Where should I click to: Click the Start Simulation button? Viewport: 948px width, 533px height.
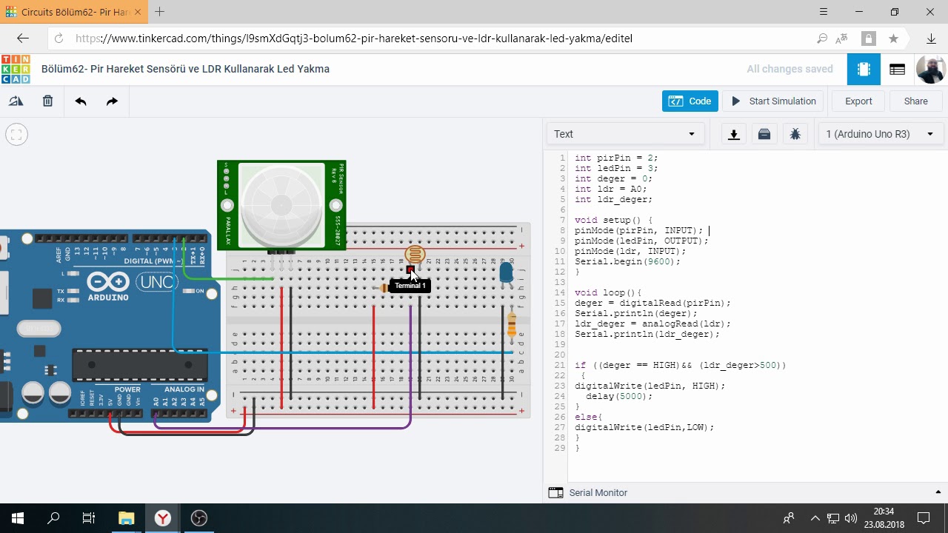coord(773,101)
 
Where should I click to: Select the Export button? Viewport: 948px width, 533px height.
coord(858,101)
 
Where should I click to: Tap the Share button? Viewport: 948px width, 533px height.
coord(915,101)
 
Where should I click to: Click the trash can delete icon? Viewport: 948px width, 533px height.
coord(47,101)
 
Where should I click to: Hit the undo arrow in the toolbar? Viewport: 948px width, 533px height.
coord(81,101)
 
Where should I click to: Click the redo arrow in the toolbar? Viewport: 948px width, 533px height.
coord(112,101)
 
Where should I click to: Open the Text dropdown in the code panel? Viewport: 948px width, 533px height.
coord(625,134)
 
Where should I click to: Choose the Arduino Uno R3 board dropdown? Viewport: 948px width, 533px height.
coord(879,134)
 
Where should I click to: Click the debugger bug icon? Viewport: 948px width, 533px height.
coord(795,134)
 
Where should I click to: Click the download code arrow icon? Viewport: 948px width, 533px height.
coord(734,134)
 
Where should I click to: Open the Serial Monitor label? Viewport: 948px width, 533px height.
coord(598,493)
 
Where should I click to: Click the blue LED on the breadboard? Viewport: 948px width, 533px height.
coord(506,273)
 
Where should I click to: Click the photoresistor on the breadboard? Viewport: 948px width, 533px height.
coord(415,255)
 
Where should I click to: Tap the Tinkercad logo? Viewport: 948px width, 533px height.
coord(16,69)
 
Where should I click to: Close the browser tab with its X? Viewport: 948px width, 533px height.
coord(138,12)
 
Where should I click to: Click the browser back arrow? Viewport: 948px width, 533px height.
coord(23,38)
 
